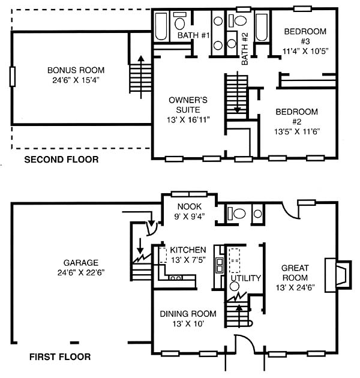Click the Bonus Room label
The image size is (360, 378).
coord(76,70)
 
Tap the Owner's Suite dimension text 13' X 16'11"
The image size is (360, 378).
coord(188,120)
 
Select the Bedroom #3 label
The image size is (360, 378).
coord(305,36)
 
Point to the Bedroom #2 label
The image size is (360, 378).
coord(297,116)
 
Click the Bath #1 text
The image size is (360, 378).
coord(194,35)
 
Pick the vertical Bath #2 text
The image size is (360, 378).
coord(245,49)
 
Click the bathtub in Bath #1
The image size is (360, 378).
coord(161,26)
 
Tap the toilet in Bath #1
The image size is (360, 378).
coord(179,21)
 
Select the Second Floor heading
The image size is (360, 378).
coord(61,160)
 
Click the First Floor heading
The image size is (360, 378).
coord(60,357)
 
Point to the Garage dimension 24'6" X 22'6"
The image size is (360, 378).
coord(81,272)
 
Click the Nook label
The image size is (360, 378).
coord(190,206)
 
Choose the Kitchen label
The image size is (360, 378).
coord(188,250)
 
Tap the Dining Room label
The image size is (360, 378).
coord(188,314)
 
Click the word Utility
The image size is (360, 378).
coord(246,278)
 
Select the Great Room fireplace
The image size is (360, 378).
coord(338,275)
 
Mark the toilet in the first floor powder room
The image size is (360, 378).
coord(236,214)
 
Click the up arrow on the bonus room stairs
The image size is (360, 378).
coord(141,77)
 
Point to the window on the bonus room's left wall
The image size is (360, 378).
coord(12,76)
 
